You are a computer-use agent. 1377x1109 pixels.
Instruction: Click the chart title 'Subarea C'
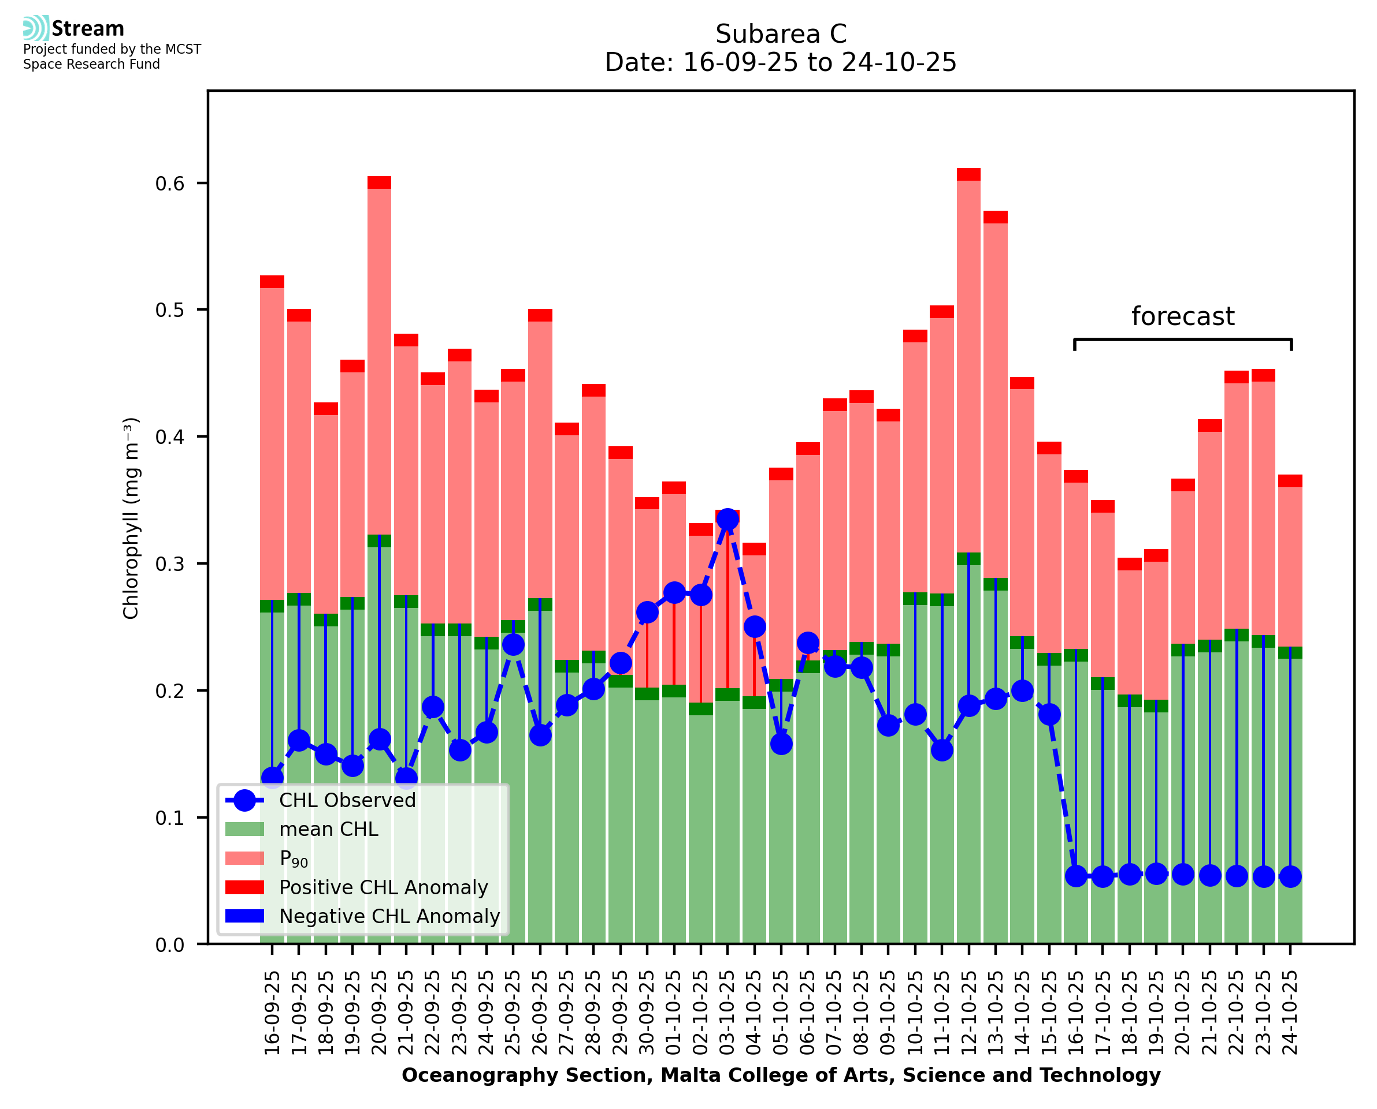[x=781, y=34]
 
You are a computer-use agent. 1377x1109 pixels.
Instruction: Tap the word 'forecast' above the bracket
[x=1182, y=317]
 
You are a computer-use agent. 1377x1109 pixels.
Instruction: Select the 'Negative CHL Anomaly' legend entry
[x=389, y=916]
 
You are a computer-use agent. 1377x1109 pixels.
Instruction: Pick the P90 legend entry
[x=294, y=858]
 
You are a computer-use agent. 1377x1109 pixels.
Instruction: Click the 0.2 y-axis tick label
[x=169, y=691]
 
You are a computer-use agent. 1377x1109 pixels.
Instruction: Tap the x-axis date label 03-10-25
[x=728, y=1013]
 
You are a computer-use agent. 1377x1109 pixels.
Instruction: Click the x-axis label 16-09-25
[x=272, y=1013]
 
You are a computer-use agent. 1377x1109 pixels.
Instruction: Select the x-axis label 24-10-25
[x=1290, y=1013]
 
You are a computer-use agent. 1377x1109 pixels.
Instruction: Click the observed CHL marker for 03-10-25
[x=728, y=520]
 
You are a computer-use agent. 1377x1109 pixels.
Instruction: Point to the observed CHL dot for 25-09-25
[x=513, y=645]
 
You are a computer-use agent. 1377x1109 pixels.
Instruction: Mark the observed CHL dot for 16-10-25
[x=1076, y=876]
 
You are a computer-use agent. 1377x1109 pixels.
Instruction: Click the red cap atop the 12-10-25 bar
[x=968, y=174]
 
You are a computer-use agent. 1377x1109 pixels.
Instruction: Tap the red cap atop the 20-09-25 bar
[x=379, y=182]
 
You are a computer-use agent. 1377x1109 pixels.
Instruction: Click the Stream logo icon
[x=36, y=28]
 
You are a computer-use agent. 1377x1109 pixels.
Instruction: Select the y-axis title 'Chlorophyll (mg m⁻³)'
[x=131, y=518]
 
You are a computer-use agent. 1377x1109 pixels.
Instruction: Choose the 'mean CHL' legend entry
[x=329, y=829]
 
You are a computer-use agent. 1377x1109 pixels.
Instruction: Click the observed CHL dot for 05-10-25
[x=781, y=744]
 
